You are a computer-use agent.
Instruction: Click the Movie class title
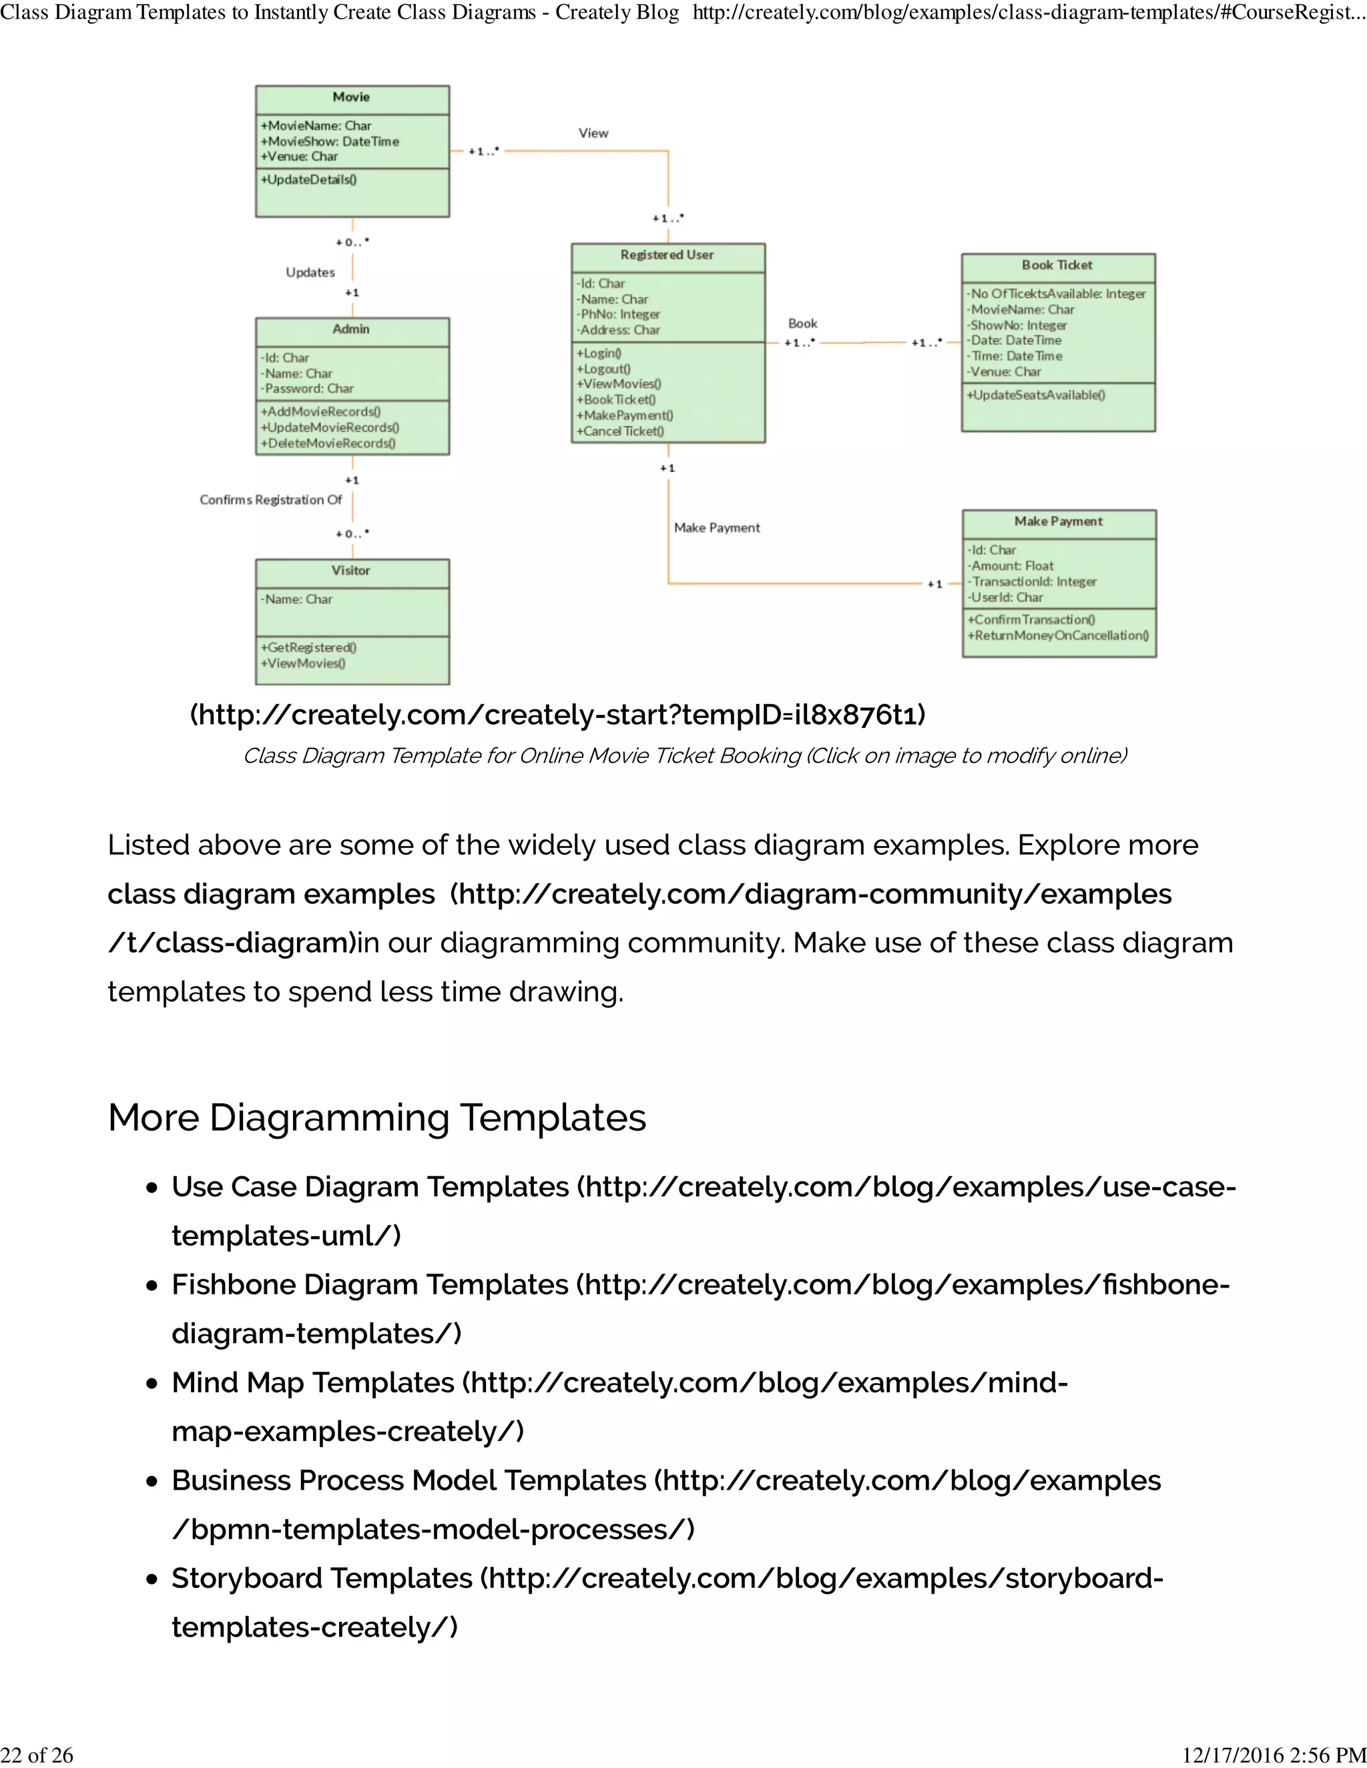350,97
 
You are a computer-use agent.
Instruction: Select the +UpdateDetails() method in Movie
308,179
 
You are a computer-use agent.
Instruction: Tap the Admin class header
350,330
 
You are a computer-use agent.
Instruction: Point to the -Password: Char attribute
308,388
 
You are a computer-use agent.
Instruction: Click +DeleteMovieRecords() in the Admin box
328,444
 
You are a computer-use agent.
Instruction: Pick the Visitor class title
350,570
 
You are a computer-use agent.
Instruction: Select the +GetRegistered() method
308,648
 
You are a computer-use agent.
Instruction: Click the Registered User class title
667,255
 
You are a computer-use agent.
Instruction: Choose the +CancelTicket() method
620,432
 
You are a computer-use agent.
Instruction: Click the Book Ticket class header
1057,266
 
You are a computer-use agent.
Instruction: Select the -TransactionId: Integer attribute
1033,582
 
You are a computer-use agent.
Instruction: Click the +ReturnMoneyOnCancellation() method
1058,635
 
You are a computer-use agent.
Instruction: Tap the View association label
593,133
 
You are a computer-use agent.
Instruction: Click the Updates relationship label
310,273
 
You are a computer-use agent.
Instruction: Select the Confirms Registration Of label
271,500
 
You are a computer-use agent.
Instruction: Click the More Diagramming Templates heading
376,1118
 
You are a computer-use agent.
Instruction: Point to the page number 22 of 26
37,1755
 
